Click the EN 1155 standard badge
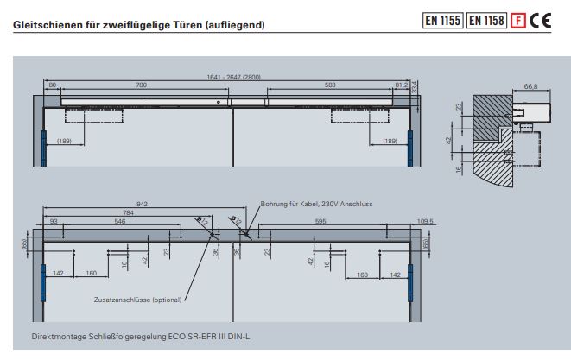(442, 21)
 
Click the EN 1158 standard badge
(487, 21)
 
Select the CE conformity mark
(541, 21)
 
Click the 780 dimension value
(140, 85)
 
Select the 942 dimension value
(142, 204)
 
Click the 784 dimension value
(129, 212)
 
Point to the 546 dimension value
(120, 222)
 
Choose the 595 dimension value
(321, 222)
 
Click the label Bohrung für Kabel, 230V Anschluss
(316, 204)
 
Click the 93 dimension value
(54, 222)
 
